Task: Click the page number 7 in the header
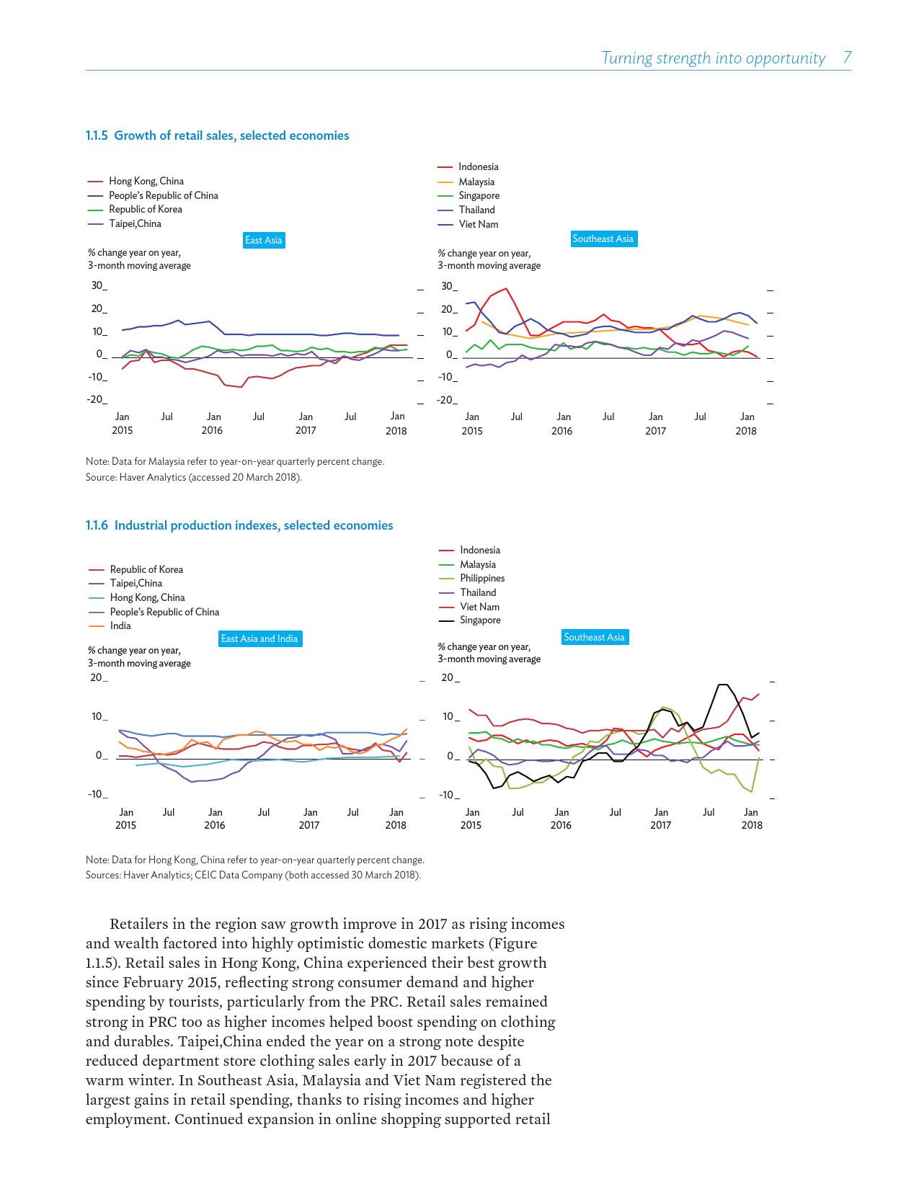pos(848,58)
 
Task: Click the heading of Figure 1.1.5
pos(217,135)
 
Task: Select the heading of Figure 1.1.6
pos(239,525)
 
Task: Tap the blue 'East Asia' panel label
pos(264,240)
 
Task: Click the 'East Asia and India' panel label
pos(259,638)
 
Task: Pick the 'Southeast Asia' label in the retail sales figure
pos(603,239)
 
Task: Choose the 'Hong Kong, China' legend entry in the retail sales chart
pos(146,181)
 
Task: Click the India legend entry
pos(120,625)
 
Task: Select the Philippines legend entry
pos(482,578)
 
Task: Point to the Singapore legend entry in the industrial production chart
pos(480,620)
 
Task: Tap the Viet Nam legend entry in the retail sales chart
pos(478,224)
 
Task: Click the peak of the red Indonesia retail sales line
pos(506,288)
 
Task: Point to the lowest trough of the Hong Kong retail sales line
pos(241,387)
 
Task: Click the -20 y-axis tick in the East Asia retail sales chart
pos(97,400)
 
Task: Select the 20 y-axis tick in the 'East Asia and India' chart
pos(97,677)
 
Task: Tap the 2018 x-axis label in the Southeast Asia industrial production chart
pos(752,825)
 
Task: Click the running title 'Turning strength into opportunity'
pos(713,58)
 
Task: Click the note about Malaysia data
pos(235,461)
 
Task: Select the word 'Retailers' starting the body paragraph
pos(140,924)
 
